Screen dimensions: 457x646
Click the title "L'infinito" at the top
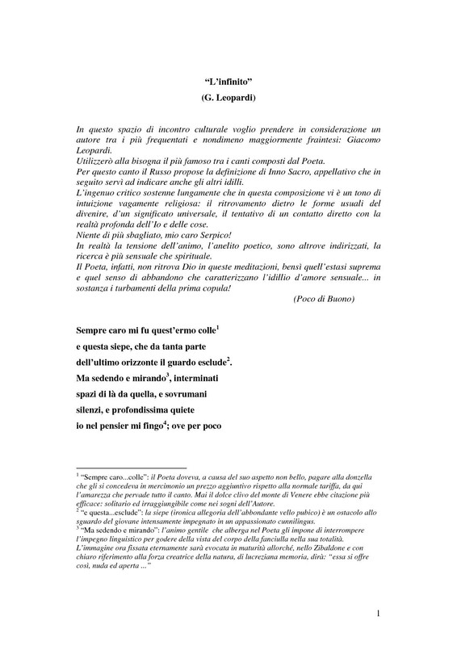click(x=228, y=82)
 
